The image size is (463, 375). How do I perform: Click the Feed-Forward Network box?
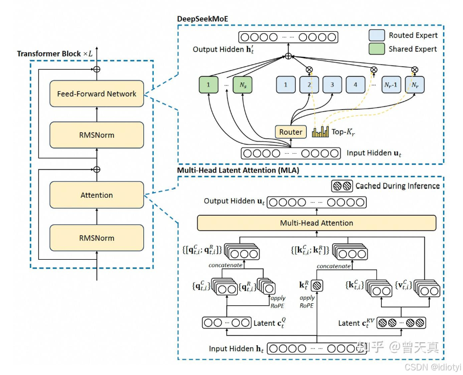(97, 94)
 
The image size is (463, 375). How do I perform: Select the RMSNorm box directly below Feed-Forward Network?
(97, 135)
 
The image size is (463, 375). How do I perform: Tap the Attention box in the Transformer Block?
(97, 195)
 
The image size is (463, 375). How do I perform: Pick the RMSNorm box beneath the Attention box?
(97, 238)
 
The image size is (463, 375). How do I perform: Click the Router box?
(290, 132)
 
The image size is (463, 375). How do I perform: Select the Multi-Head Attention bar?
(317, 223)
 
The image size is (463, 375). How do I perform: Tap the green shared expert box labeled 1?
(209, 85)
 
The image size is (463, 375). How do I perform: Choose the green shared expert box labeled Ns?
(243, 85)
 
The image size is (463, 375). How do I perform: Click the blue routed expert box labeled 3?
(332, 85)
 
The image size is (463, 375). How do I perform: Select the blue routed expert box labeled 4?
(355, 85)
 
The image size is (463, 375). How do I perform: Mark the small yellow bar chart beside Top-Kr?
(320, 132)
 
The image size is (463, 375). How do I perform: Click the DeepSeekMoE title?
(202, 19)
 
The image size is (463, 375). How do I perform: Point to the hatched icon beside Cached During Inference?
(342, 186)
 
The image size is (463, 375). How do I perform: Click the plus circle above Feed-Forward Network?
(97, 69)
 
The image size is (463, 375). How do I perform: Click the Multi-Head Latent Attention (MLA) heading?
(238, 170)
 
